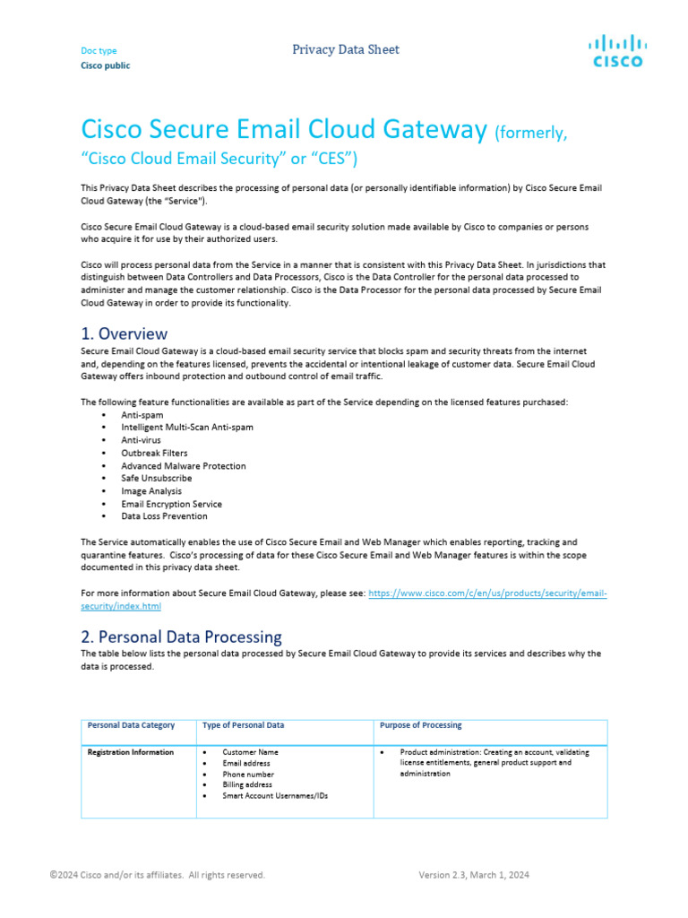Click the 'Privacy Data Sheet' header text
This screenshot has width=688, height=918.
coord(346,49)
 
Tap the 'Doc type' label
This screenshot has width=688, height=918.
coord(99,51)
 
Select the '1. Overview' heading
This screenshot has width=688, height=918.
coord(124,333)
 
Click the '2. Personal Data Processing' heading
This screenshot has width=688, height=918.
coord(181,637)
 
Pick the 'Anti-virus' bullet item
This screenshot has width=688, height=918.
coord(142,440)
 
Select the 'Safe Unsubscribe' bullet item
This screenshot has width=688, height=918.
coord(157,478)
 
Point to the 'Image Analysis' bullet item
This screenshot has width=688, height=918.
coord(151,490)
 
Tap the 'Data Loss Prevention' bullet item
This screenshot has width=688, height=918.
coord(164,515)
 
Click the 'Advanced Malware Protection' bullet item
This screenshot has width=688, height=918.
coord(184,465)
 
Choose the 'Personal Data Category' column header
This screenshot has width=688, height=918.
coord(131,725)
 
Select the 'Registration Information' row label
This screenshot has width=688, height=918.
coord(131,752)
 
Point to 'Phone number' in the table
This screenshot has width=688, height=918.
coord(248,774)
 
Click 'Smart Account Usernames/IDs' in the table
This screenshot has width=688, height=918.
coord(275,795)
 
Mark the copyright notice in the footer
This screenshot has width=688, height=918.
coord(157,875)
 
